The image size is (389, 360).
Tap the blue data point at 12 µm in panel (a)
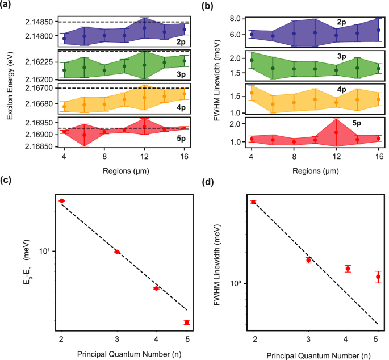coord(145,28)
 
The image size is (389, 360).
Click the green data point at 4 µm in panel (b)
coord(252,60)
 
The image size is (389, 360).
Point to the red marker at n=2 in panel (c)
coord(62,201)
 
